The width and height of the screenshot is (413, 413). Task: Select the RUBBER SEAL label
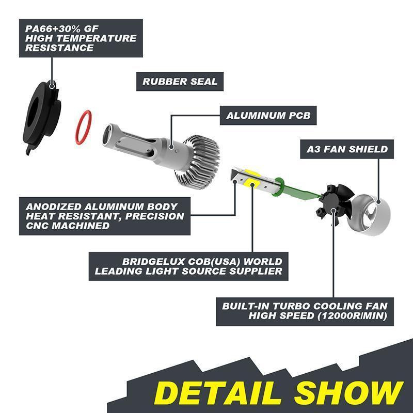click(x=180, y=82)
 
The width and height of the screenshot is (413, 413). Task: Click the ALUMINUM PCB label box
click(x=268, y=115)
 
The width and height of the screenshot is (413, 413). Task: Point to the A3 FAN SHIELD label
click(x=347, y=149)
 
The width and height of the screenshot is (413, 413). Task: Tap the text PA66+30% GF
click(x=61, y=29)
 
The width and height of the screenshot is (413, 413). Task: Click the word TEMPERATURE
click(x=96, y=38)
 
